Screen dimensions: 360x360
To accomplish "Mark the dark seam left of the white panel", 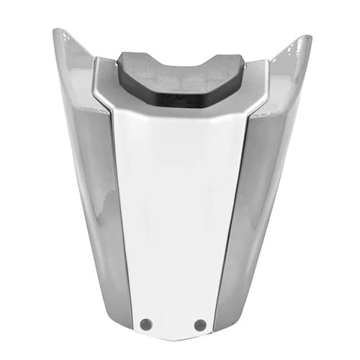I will [117, 216].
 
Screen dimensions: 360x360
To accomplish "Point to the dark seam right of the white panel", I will [238, 216].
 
